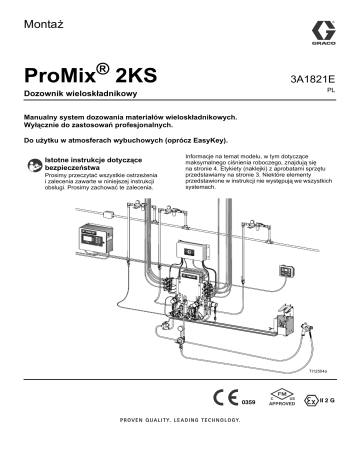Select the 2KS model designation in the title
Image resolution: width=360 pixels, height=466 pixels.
(x=135, y=75)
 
